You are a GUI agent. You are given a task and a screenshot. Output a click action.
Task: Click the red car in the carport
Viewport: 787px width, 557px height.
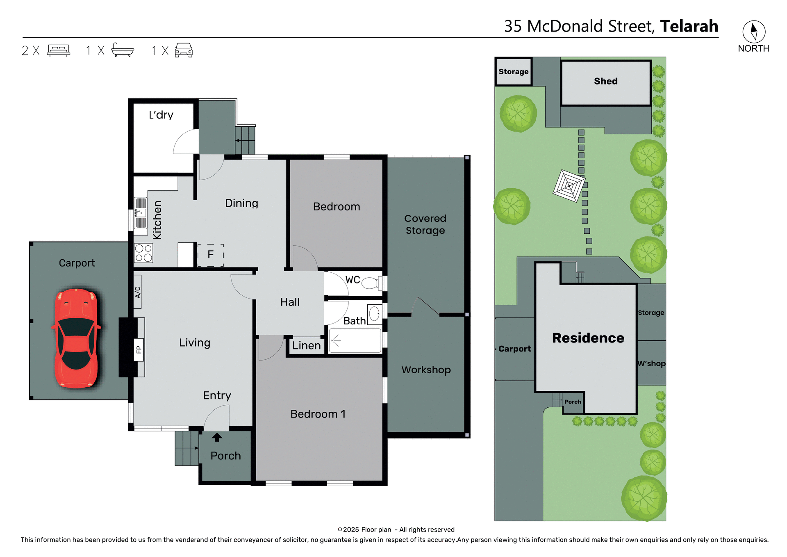(x=76, y=338)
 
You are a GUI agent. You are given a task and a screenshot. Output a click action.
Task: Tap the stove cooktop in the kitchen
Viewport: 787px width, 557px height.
(x=143, y=253)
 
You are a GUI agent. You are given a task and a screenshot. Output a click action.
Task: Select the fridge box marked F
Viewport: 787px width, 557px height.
(x=211, y=255)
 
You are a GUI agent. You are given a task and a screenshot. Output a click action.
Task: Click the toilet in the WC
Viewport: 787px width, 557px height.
(x=371, y=283)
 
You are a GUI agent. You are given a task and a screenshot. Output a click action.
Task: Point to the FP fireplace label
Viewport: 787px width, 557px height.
(x=139, y=349)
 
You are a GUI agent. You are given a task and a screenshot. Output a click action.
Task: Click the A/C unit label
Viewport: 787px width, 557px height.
(x=138, y=292)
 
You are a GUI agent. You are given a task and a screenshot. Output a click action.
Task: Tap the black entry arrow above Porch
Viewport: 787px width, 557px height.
(x=217, y=437)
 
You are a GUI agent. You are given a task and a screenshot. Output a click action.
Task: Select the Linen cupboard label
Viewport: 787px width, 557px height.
(x=306, y=345)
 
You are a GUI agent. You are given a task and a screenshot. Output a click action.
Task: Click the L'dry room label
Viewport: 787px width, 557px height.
(x=161, y=115)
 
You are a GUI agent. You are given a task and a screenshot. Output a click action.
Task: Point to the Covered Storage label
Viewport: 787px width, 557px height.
(x=425, y=224)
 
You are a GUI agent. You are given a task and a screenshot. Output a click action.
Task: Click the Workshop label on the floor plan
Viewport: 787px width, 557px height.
(x=426, y=370)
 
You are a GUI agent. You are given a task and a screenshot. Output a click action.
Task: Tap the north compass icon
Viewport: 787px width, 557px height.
(x=753, y=32)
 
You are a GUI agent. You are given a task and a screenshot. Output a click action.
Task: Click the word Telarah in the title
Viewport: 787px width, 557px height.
(x=689, y=26)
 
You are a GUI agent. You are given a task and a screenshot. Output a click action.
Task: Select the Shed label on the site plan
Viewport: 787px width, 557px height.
(x=605, y=81)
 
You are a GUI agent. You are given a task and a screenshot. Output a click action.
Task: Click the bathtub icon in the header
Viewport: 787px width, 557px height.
(x=123, y=50)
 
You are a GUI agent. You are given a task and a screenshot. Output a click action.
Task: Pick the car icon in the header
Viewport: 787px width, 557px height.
(x=184, y=50)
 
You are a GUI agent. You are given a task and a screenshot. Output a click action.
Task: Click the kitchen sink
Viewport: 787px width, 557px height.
(x=141, y=213)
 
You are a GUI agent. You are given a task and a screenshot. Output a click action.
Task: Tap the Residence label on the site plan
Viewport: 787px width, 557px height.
(x=588, y=338)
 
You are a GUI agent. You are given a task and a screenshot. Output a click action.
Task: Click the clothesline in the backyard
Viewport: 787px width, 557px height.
(x=569, y=186)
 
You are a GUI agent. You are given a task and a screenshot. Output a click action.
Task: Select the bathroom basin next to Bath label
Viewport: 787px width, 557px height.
(x=374, y=315)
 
